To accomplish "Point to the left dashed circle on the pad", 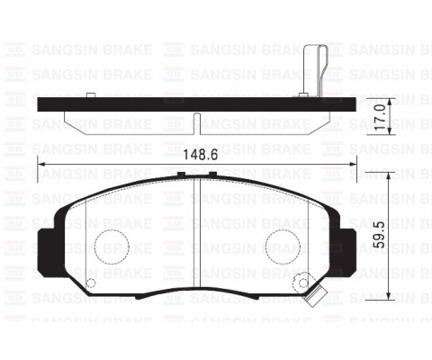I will (113, 244).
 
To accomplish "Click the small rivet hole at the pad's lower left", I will (88, 283).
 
